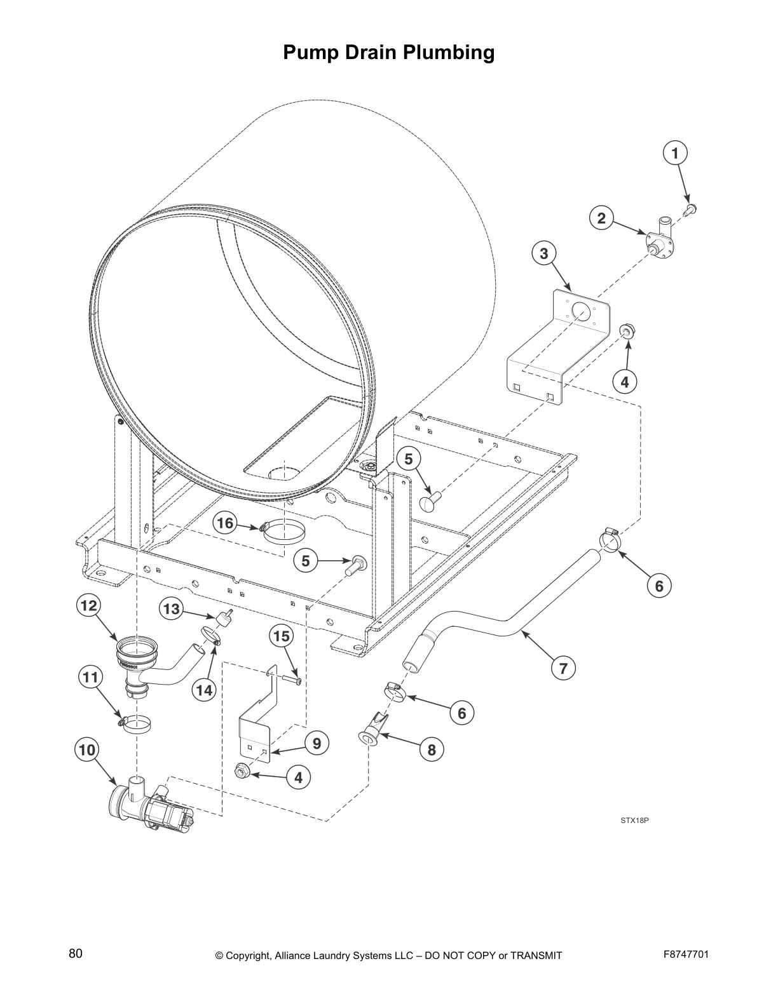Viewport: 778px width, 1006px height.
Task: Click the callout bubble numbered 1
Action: tap(675, 153)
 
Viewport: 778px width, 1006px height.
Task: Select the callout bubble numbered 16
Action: tap(225, 523)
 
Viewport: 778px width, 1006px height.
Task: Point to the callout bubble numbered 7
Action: tap(563, 667)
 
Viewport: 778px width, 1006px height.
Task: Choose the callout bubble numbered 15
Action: tap(282, 636)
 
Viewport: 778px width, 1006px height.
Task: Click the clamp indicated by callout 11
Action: tap(137, 723)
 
